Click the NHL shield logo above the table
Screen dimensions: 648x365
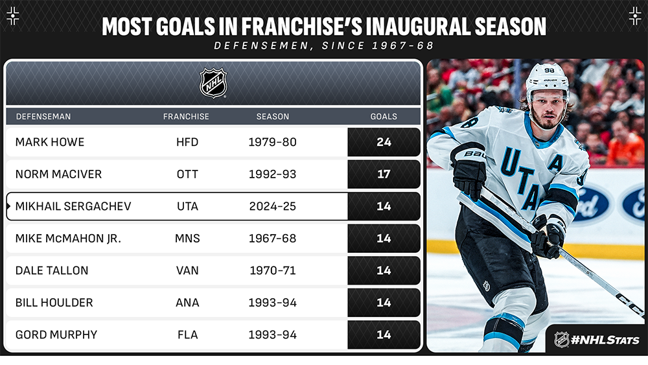tap(213, 83)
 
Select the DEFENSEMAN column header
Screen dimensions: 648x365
tap(43, 117)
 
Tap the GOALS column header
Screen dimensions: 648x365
tap(384, 117)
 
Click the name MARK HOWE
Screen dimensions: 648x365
tap(50, 142)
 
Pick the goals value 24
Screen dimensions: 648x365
tap(384, 142)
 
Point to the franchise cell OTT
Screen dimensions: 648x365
tap(187, 174)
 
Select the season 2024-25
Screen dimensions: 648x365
tap(273, 206)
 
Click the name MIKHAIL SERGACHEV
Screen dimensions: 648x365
tap(73, 206)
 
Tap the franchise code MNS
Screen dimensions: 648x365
tap(187, 239)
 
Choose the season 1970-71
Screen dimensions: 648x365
tap(273, 270)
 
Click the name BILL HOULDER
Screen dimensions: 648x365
tap(54, 303)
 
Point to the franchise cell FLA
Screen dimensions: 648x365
tap(188, 335)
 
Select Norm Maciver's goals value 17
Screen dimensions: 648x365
tap(384, 174)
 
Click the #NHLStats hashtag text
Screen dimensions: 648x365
tap(605, 340)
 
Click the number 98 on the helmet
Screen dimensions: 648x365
tap(550, 70)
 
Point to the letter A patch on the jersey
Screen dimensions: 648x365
tap(556, 164)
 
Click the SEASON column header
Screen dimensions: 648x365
tap(273, 117)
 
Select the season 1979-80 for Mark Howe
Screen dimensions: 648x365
tap(273, 142)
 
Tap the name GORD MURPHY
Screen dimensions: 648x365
tap(56, 335)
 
